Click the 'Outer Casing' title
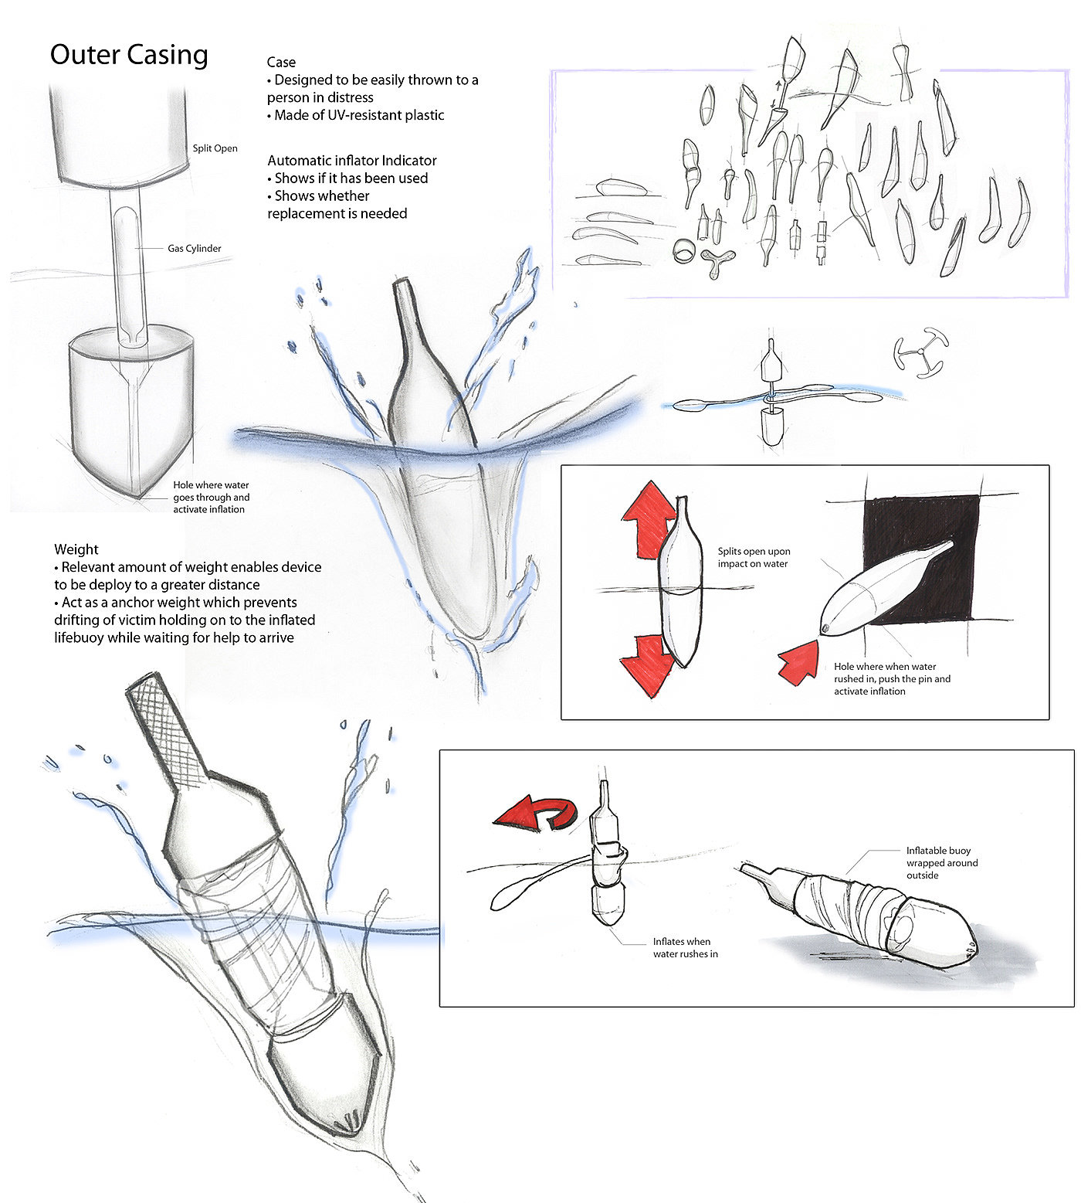click(129, 55)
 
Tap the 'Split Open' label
click(215, 148)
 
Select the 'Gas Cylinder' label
click(195, 249)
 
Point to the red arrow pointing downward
click(647, 663)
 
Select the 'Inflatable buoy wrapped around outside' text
click(941, 862)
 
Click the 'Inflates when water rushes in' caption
click(682, 947)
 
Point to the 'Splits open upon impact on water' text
click(754, 557)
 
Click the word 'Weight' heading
click(76, 549)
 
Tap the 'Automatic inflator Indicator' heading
click(352, 161)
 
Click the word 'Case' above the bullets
click(281, 63)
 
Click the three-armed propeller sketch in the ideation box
click(716, 263)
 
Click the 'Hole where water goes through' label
click(211, 497)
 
